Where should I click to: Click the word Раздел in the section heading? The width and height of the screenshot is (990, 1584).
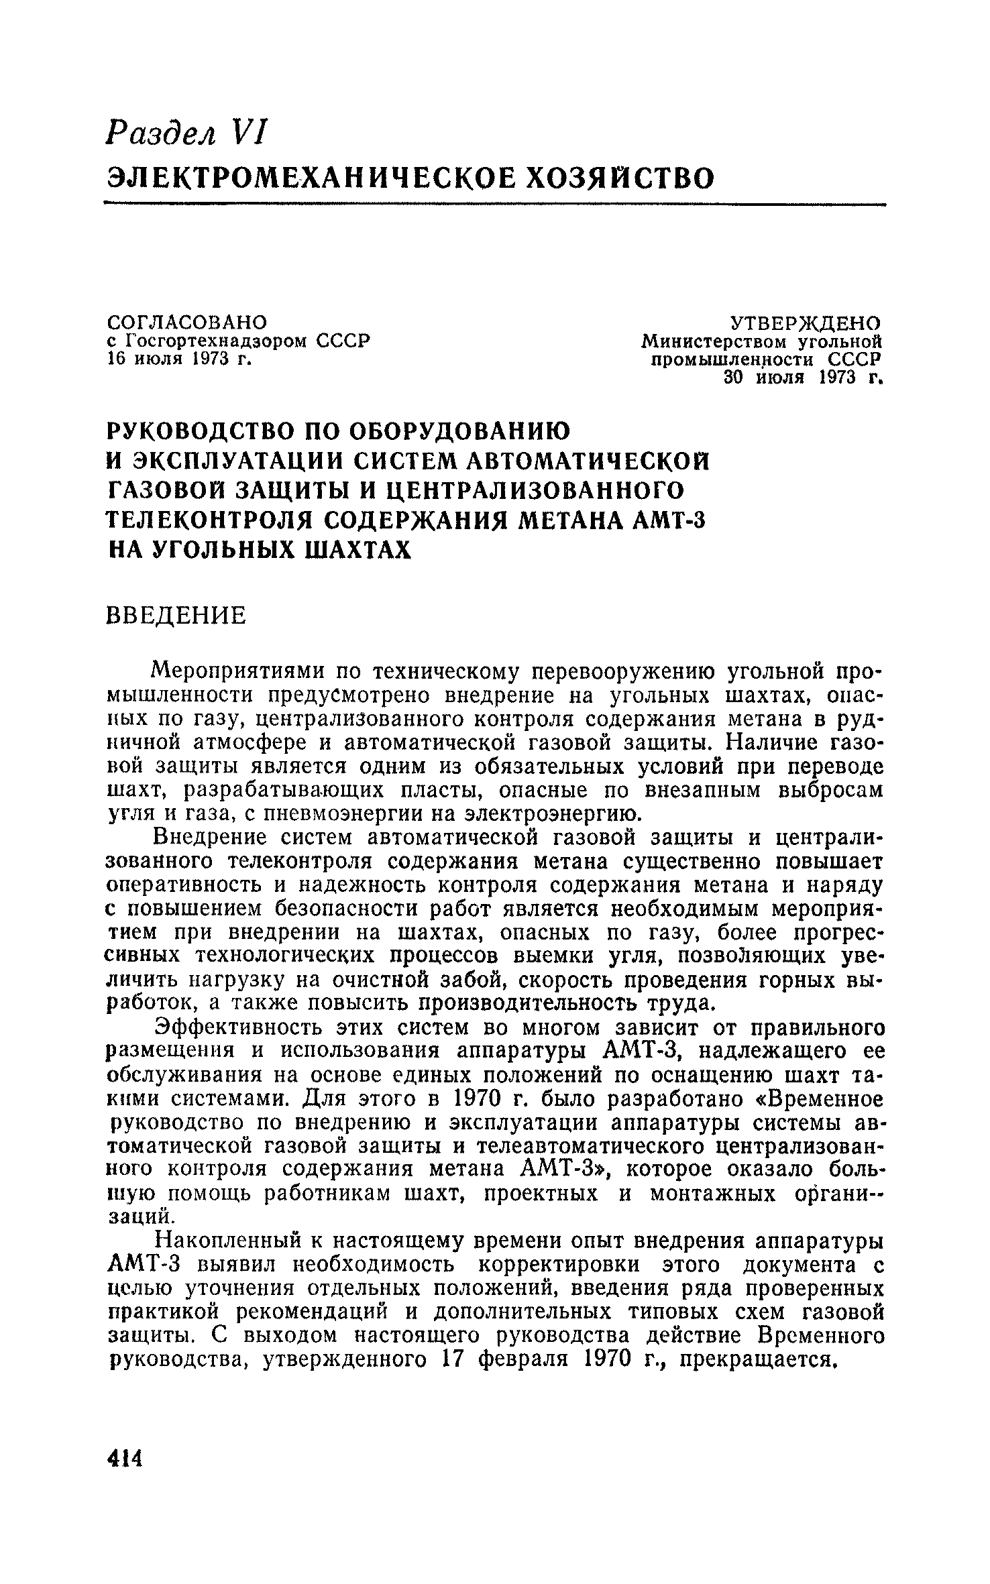pos(162,130)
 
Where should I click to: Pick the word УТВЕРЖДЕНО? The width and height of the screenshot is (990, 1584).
pos(806,323)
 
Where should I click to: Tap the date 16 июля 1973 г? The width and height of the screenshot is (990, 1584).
pos(180,359)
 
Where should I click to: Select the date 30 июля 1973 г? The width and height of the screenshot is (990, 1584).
pos(802,379)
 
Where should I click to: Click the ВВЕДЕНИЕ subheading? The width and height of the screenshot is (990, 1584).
pos(177,616)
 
